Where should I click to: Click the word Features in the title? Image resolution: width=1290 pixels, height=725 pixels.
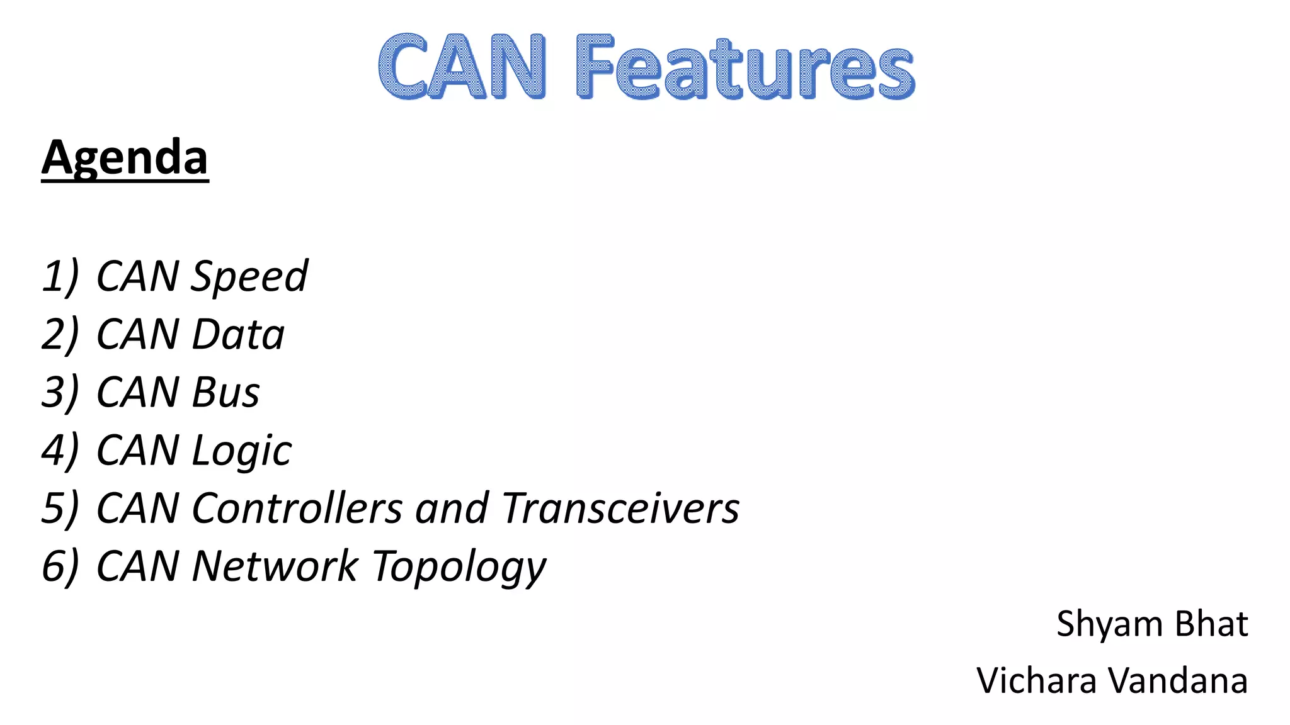click(x=745, y=67)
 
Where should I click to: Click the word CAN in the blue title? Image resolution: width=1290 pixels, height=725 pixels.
click(x=462, y=67)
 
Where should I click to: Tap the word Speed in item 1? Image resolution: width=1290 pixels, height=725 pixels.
click(x=249, y=277)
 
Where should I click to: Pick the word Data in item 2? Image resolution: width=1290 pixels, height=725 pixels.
click(x=238, y=334)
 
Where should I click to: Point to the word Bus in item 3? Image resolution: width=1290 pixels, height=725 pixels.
click(x=225, y=392)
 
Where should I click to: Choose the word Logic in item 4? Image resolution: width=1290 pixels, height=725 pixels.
click(x=241, y=451)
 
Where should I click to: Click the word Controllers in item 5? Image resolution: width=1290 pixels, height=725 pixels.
click(x=297, y=508)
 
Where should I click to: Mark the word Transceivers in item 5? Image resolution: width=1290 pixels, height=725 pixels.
click(x=620, y=508)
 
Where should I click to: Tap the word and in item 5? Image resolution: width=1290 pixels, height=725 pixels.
click(x=452, y=508)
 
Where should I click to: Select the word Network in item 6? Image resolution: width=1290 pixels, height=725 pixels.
click(x=275, y=566)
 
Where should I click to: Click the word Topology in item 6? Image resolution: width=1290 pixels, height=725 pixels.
click(x=459, y=567)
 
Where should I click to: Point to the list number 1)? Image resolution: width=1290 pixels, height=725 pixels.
click(x=60, y=276)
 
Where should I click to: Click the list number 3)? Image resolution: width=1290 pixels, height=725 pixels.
click(x=60, y=392)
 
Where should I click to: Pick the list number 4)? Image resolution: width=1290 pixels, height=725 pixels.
click(x=60, y=450)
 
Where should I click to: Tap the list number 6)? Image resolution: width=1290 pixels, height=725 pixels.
click(x=60, y=566)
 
